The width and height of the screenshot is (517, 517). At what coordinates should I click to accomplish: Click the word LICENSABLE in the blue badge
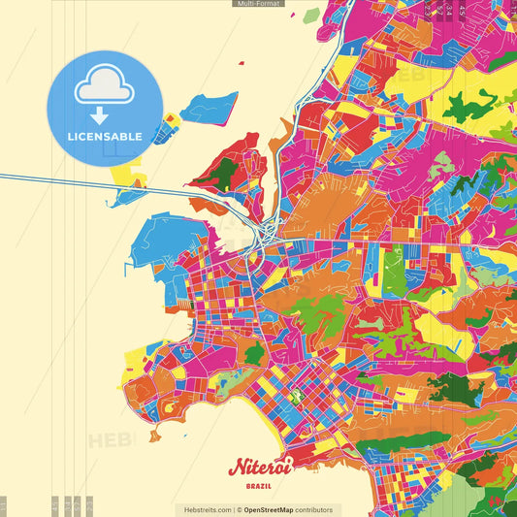click(105, 137)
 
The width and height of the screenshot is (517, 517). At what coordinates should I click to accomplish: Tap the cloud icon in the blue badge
click(104, 87)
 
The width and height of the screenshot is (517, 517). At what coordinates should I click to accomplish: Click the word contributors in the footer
click(314, 509)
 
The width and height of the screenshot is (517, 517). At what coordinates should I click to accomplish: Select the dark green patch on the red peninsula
click(226, 174)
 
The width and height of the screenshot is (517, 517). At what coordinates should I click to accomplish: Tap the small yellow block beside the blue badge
click(171, 121)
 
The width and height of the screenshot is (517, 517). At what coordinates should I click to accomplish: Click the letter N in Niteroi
click(236, 469)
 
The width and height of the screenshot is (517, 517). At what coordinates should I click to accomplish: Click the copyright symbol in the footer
click(239, 509)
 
